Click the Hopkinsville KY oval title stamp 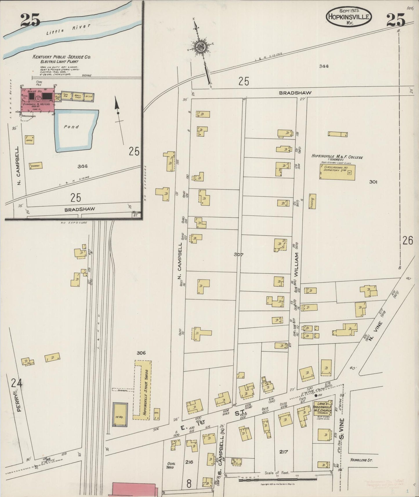pyautogui.click(x=349, y=17)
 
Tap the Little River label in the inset pyautogui.click(x=68, y=30)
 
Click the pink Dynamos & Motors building pyautogui.click(x=38, y=100)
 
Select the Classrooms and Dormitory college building pyautogui.click(x=337, y=171)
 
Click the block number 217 pyautogui.click(x=283, y=451)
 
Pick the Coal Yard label pyautogui.click(x=170, y=465)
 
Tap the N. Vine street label pyautogui.click(x=378, y=327)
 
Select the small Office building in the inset pyautogui.click(x=29, y=139)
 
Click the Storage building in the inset pyautogui.click(x=36, y=166)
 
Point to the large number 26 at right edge pyautogui.click(x=407, y=240)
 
